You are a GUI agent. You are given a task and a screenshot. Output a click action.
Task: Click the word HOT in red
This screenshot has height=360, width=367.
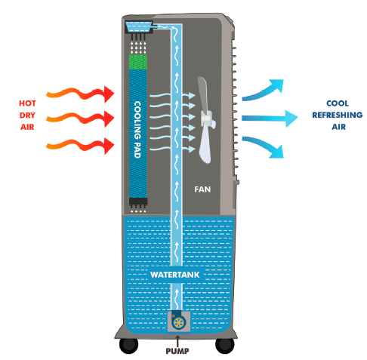pos(27,103)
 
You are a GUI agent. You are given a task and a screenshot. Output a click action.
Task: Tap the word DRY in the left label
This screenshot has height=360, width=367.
pos(27,115)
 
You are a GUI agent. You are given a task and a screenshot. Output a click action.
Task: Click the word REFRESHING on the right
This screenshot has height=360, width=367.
pos(338,115)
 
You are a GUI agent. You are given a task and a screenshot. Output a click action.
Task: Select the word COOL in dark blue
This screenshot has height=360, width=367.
pos(338,103)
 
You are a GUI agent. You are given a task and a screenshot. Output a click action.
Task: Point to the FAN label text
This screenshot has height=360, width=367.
pos(202,189)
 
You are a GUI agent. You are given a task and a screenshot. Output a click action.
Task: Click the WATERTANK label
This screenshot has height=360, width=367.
pos(174,275)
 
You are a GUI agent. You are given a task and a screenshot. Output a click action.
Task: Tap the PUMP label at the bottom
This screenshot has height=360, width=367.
pos(177,351)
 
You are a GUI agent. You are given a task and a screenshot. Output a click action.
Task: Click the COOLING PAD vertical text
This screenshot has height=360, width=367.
pos(137,130)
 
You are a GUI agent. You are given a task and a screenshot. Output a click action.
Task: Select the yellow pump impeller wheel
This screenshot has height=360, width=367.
pos(179,322)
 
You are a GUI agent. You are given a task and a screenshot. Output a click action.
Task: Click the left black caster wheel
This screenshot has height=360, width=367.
pos(128,346)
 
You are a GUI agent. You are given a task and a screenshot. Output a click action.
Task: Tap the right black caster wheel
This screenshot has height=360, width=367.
pos(225,346)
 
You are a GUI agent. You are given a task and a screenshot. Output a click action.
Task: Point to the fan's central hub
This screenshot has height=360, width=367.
pos(207,118)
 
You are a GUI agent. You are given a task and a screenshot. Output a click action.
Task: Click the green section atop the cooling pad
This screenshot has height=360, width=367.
pos(137,62)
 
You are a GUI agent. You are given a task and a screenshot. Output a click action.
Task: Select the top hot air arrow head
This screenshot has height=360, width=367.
pos(109,94)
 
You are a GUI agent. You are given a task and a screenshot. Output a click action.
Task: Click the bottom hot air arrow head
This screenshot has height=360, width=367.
pos(109,146)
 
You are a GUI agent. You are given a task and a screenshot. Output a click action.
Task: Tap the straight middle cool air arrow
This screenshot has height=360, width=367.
pos(270,118)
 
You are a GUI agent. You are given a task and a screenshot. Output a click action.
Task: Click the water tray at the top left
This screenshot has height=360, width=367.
pos(139,26)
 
